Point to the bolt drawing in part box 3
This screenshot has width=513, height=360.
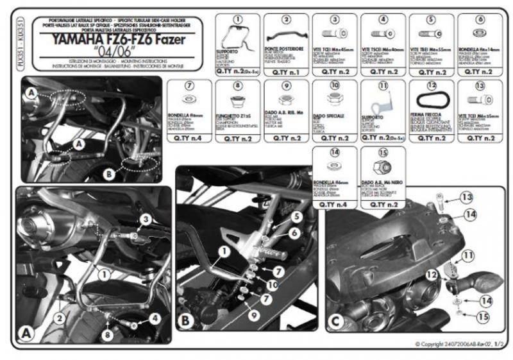click(335, 33)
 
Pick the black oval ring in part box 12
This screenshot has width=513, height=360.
click(431, 101)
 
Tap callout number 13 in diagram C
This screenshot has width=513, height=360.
click(465, 196)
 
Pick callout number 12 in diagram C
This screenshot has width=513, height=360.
click(431, 275)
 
